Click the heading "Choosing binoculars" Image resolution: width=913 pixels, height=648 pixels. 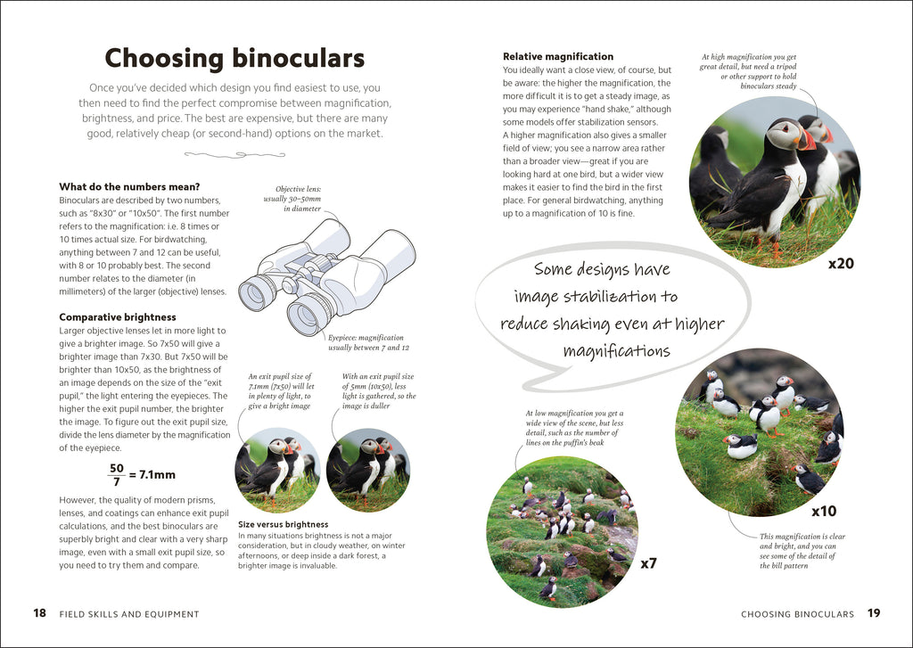(x=234, y=59)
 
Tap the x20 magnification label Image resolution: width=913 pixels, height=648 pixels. (x=841, y=264)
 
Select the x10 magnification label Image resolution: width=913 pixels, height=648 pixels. (x=823, y=512)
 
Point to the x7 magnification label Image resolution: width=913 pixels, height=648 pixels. (x=648, y=563)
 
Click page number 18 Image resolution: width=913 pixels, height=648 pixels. (x=39, y=613)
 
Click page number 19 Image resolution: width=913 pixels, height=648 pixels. (x=874, y=613)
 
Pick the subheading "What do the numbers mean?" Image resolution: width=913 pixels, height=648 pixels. (x=129, y=186)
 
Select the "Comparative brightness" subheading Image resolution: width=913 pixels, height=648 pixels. (x=118, y=316)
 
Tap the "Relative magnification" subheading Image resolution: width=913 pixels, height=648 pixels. (x=558, y=57)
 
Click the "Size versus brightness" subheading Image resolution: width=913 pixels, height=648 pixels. (x=284, y=524)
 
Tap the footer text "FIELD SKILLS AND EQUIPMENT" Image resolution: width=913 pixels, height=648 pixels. (x=129, y=614)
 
